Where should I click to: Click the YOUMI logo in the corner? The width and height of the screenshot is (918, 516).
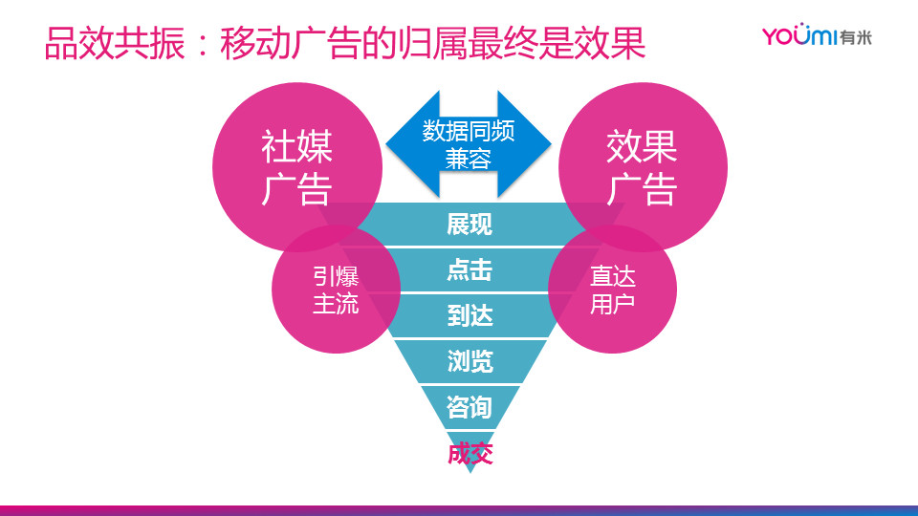[x=817, y=36]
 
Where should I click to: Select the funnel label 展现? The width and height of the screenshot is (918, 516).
[x=470, y=224]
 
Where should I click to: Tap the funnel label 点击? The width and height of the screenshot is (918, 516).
[x=470, y=270]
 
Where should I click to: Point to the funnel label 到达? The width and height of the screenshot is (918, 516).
[x=470, y=316]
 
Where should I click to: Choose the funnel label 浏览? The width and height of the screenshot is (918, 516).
[x=470, y=361]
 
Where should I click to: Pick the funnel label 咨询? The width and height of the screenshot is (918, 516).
[x=469, y=407]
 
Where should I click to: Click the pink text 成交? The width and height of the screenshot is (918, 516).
[x=470, y=453]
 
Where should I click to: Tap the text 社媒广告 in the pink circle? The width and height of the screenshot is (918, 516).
[x=296, y=167]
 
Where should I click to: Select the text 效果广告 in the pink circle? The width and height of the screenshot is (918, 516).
[x=642, y=167]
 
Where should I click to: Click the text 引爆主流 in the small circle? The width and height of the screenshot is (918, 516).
[x=336, y=290]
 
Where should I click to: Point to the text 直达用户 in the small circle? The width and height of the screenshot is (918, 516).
[x=612, y=290]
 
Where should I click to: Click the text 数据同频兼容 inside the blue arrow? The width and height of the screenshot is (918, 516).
[x=469, y=144]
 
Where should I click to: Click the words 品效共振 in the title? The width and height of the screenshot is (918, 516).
[x=115, y=43]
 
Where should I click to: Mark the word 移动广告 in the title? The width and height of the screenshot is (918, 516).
[x=290, y=43]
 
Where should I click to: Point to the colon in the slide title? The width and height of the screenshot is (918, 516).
[x=203, y=45]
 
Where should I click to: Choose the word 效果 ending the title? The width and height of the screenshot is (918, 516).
[x=610, y=43]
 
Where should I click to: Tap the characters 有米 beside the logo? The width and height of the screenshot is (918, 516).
[x=855, y=37]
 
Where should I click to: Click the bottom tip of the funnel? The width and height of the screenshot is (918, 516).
[x=470, y=471]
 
